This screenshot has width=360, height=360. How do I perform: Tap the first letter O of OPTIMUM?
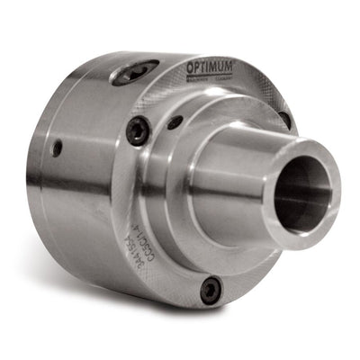191,67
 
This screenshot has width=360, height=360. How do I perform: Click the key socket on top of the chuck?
134,71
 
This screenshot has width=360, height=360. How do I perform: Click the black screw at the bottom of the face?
210,288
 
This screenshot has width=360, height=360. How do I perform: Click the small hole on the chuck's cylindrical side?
57,148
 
